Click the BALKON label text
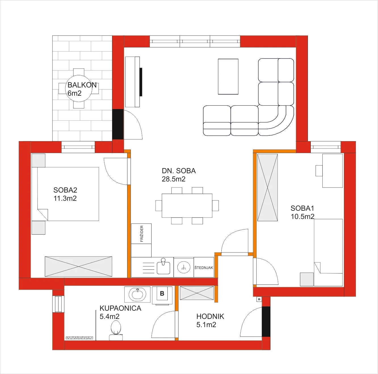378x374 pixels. point(82,85)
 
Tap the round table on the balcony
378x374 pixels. point(78,89)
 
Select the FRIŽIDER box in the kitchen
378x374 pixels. point(141,234)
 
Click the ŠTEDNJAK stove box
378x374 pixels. point(203,268)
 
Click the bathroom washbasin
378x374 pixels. point(137,294)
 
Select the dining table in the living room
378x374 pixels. point(187,206)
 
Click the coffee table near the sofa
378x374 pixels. point(228,77)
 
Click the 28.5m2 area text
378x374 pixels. point(173,179)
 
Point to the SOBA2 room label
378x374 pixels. point(65,190)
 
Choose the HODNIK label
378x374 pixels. point(210,316)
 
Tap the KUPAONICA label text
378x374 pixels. point(120,308)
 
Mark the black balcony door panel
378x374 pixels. point(118,124)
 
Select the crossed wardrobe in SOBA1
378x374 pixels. point(267,187)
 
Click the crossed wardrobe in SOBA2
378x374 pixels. point(78,266)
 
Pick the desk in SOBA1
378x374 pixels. point(333,171)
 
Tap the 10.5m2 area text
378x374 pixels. point(303,216)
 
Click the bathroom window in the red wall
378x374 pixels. point(58,304)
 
